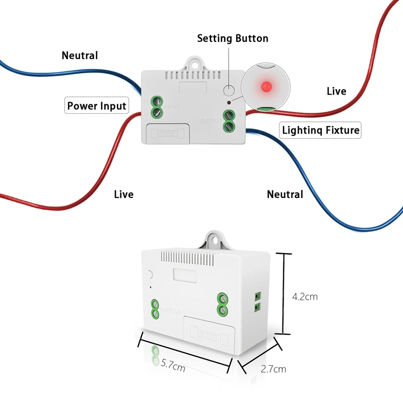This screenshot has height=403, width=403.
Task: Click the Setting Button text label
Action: pos(232,38)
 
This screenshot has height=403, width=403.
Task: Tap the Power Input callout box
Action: pos(97,106)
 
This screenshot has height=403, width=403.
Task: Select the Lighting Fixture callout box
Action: pos(320,130)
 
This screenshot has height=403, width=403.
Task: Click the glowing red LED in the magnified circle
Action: pos(263,87)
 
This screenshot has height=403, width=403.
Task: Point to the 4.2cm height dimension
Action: pos(305,296)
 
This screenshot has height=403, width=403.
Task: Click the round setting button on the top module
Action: pos(229,90)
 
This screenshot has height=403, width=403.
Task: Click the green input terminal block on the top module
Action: pos(157,106)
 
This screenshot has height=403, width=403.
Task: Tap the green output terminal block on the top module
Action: pos(230,121)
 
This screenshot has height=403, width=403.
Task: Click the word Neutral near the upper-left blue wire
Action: pos(80,55)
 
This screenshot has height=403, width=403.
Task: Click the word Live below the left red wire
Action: pos(123,194)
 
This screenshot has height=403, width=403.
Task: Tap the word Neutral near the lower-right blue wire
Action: pos(285,194)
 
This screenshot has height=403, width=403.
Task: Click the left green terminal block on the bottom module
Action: pos(156,309)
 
